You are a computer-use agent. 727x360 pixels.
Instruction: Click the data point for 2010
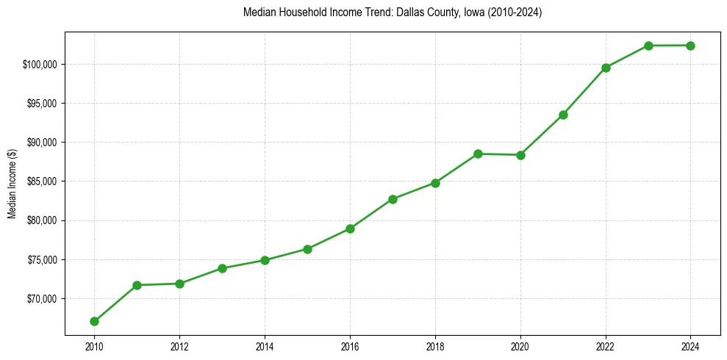coord(94,321)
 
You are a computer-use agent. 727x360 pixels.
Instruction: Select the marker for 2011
coord(137,285)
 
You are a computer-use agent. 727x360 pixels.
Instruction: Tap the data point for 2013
coord(222,269)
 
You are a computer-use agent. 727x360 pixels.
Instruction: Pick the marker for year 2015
coord(307,249)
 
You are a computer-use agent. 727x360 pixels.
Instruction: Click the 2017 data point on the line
coord(393,199)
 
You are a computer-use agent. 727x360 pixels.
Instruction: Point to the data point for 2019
coord(478,154)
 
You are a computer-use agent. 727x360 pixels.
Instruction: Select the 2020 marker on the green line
coord(520,155)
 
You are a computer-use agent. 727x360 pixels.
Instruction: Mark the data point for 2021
coord(563,115)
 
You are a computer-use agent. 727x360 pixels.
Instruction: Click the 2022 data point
coord(606,68)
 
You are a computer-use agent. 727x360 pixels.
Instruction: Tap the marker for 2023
coord(648,46)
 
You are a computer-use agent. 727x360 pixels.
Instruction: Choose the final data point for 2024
coord(691,46)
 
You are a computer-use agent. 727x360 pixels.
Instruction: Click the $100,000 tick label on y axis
coord(41,65)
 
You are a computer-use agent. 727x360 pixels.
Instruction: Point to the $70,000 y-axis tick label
coord(43,299)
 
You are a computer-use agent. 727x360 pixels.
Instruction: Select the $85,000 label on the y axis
coord(43,181)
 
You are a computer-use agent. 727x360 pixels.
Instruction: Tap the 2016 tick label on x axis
coord(350,345)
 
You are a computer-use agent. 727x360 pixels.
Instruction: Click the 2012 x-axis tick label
coord(179,345)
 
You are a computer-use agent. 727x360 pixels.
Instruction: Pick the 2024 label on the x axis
coord(691,345)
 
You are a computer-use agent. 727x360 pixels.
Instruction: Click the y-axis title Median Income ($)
coord(12,185)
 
